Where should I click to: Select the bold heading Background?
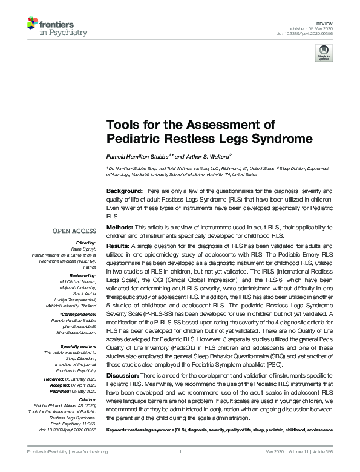point(124,190)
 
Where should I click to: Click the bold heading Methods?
point(120,227)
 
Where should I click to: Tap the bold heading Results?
point(118,246)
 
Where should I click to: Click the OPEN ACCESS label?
point(74,231)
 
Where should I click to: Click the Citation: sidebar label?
point(87,399)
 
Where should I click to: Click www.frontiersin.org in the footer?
point(90,452)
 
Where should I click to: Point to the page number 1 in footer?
point(180,452)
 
